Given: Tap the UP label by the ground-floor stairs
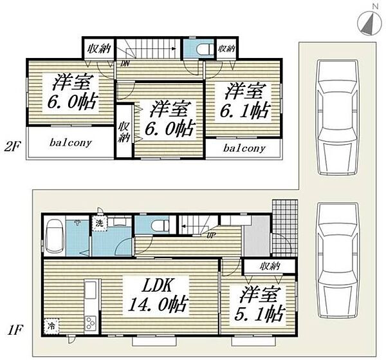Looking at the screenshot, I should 210,236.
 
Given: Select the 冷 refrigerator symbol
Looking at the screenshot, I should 50,327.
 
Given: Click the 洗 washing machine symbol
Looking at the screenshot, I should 100,223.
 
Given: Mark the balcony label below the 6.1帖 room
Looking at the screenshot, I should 244,148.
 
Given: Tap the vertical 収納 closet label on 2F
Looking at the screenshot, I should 123,131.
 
